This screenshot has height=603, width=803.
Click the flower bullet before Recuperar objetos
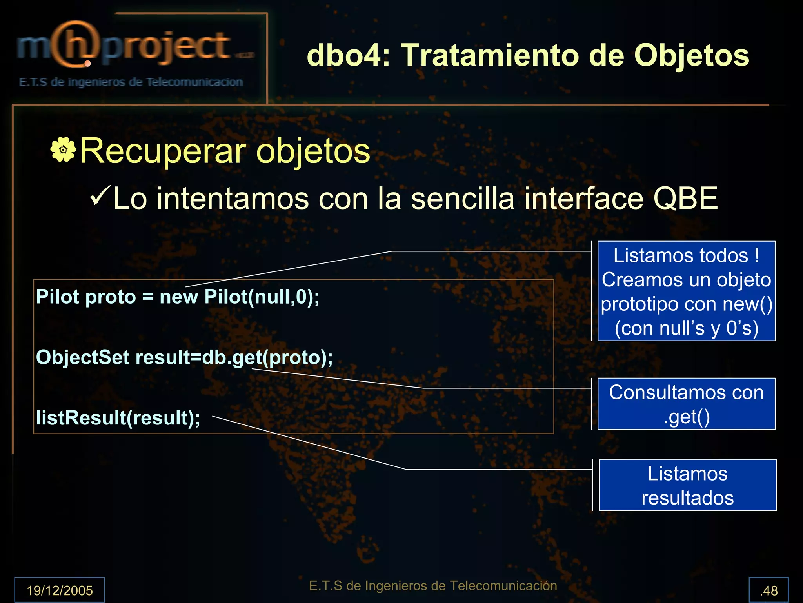point(63,149)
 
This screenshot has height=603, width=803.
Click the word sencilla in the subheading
point(462,199)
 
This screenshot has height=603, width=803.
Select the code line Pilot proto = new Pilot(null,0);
point(178,297)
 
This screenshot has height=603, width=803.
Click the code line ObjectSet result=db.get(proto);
point(184,357)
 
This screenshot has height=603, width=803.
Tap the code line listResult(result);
point(118,418)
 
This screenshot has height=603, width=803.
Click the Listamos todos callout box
point(686,291)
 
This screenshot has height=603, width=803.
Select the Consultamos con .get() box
point(686,404)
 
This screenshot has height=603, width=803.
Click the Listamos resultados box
point(687,485)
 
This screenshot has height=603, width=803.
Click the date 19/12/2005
point(60,590)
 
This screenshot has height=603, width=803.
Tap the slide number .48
point(768,590)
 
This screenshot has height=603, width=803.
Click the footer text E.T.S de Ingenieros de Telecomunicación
point(433,586)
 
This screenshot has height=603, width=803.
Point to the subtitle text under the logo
point(131,82)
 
